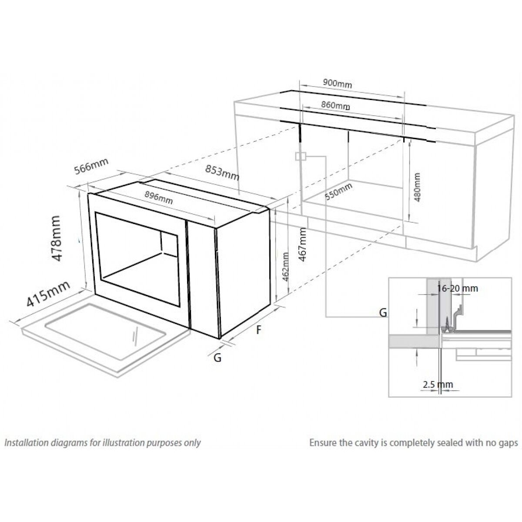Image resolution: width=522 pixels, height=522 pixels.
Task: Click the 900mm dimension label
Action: [338, 84]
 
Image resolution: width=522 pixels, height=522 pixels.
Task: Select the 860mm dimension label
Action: [335, 105]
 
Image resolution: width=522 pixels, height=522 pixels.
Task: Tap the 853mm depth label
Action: [222, 173]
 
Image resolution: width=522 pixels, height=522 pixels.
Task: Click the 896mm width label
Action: [158, 198]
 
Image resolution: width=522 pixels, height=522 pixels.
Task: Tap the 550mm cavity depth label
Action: [339, 192]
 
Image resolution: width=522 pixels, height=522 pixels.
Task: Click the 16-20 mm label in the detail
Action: [457, 288]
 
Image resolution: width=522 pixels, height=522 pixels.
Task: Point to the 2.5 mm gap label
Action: [438, 385]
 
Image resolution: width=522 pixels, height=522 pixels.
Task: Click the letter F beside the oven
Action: [259, 330]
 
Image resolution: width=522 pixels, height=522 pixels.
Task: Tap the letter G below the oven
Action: [217, 358]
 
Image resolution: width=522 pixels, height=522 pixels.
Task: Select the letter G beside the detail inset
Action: [383, 312]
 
